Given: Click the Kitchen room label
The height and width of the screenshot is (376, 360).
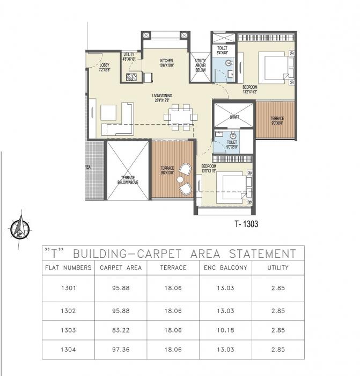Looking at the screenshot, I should pos(166,63).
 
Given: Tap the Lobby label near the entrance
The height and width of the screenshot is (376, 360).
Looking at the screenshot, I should pos(104,67).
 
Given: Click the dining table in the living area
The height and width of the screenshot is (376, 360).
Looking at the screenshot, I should pos(179,117).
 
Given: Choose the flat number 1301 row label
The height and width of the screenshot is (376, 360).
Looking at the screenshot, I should pos(69,288).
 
